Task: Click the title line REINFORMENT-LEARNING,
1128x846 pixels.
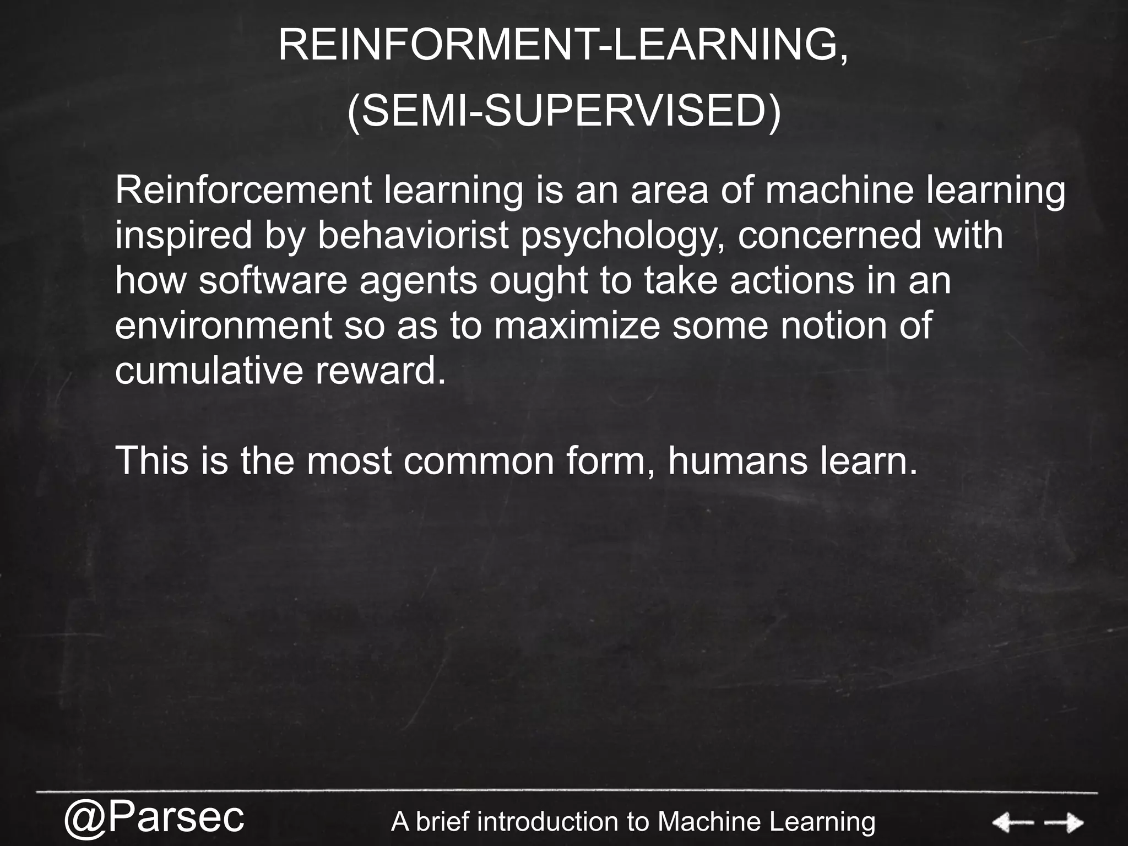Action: [x=563, y=46]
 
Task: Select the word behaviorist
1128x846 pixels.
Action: [x=413, y=235]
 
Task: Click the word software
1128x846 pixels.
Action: [x=273, y=280]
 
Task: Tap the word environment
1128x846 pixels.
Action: [x=224, y=326]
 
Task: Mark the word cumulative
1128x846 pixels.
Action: [x=209, y=371]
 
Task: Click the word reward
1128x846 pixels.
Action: [x=380, y=371]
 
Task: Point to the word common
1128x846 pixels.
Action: [x=479, y=460]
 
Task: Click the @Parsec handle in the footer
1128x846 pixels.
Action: [x=154, y=818]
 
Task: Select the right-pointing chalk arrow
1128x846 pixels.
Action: [x=1064, y=823]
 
